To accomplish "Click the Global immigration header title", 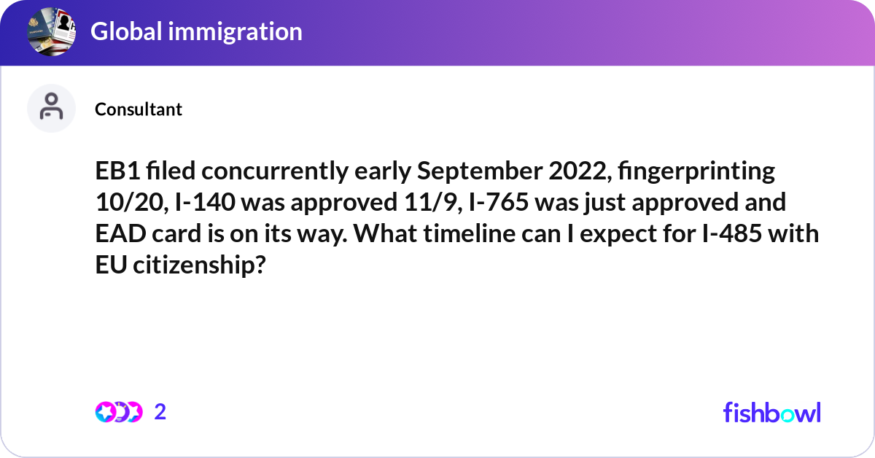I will tap(196, 31).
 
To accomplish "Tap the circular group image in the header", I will tap(52, 31).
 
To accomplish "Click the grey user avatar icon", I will tap(51, 108).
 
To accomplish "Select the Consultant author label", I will tap(139, 109).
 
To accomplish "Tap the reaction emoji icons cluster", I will tap(118, 412).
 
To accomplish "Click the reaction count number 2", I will tap(160, 412).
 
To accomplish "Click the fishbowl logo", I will tap(771, 412).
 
